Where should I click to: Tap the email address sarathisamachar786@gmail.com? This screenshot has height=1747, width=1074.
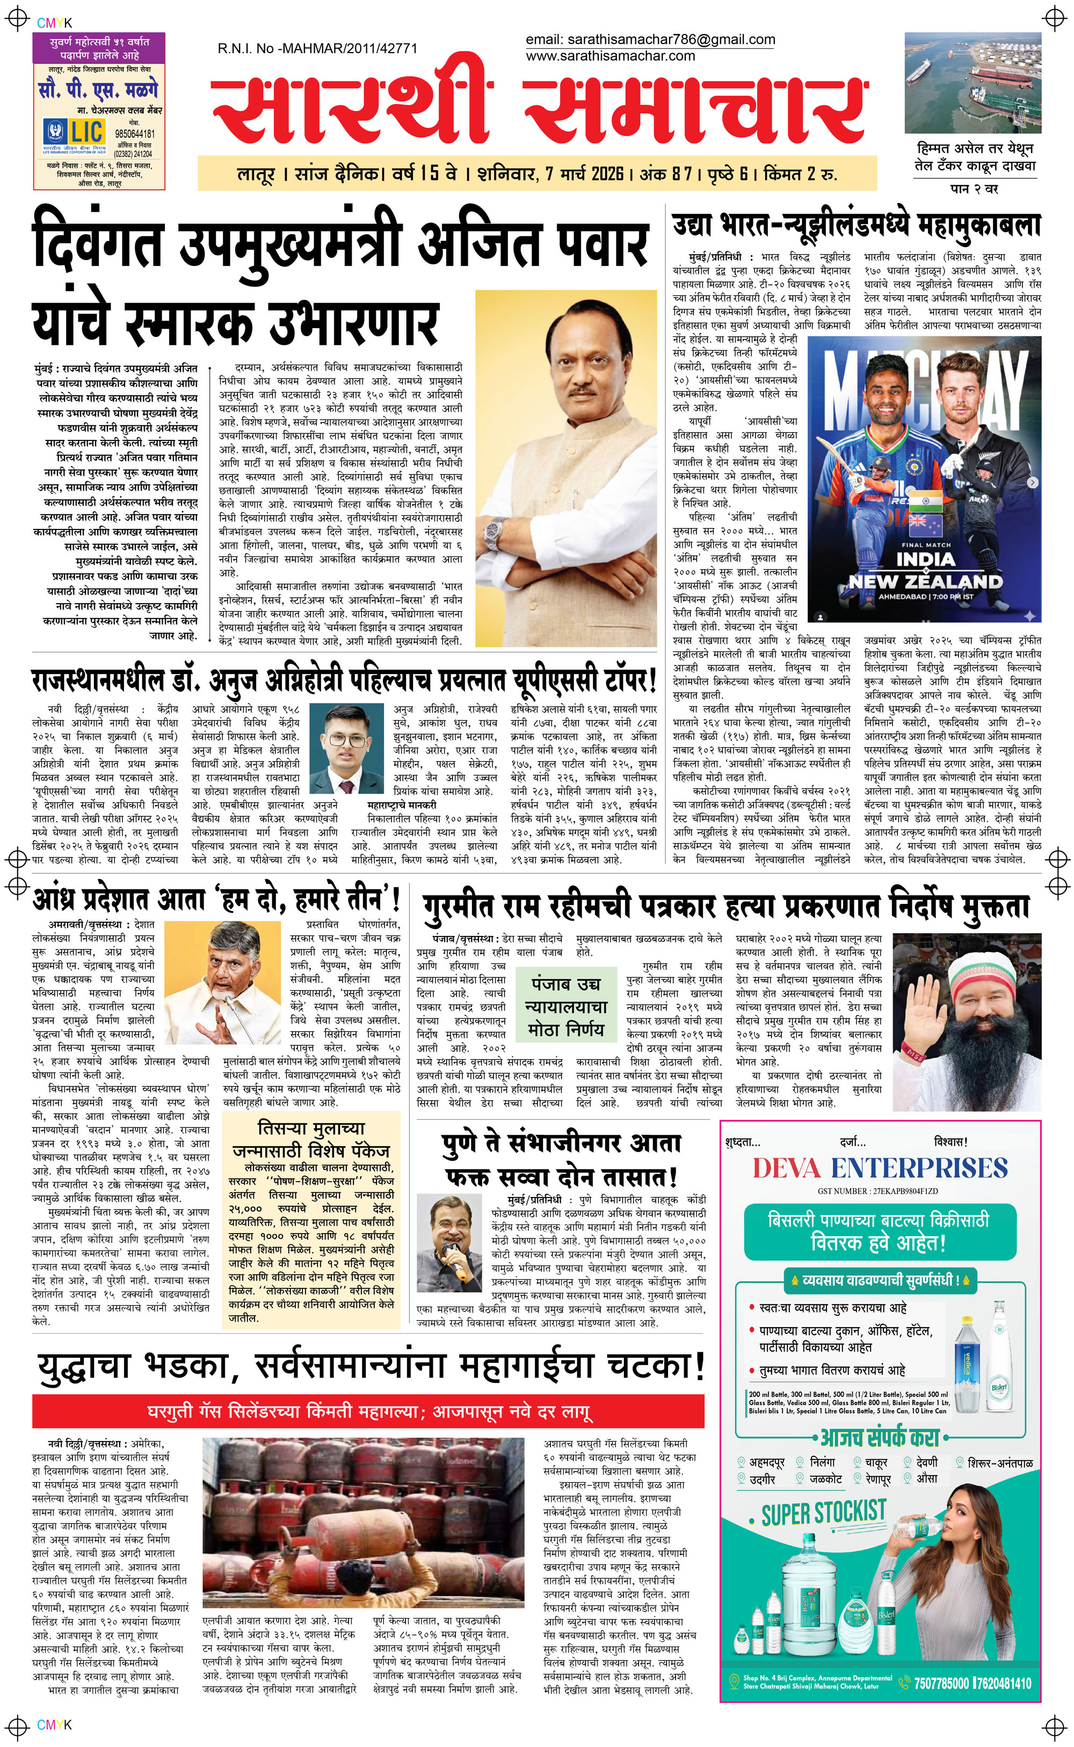[650, 40]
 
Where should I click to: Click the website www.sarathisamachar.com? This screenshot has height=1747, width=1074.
[610, 55]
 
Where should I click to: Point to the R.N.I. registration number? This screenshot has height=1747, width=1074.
[317, 48]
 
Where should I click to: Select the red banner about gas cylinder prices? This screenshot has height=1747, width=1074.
[369, 1411]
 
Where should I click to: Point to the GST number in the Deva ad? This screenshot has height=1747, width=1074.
[878, 1191]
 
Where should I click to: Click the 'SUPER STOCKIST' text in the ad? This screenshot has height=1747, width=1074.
[824, 1513]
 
